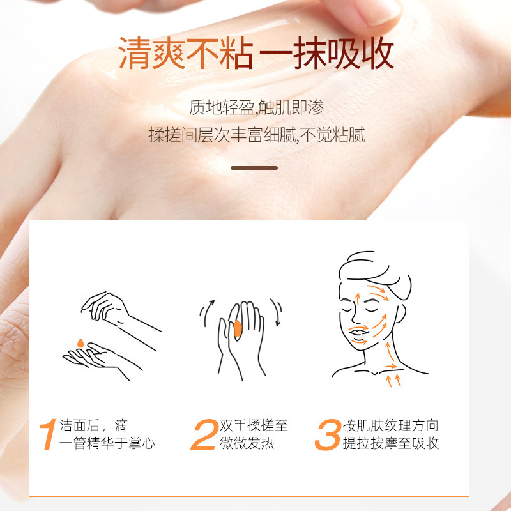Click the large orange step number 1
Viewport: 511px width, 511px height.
point(49,434)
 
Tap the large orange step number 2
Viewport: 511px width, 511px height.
point(204,435)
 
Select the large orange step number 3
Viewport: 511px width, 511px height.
point(328,435)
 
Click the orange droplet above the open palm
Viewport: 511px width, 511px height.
point(80,343)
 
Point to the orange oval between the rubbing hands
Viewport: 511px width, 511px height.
point(238,329)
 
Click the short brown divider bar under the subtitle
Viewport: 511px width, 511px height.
point(254,168)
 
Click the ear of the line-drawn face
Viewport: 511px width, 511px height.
point(400,314)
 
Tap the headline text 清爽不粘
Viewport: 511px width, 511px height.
point(186,53)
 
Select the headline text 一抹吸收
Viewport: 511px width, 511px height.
point(327,53)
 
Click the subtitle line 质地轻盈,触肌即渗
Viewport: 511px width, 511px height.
point(257,107)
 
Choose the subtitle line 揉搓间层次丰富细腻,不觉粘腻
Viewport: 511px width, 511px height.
point(257,135)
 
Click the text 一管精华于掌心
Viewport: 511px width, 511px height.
point(107,443)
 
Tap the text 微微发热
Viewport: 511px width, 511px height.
point(247,443)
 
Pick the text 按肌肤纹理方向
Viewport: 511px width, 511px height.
point(391,425)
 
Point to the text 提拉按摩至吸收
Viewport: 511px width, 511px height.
point(391,443)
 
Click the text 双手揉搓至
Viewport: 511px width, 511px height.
point(254,425)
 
